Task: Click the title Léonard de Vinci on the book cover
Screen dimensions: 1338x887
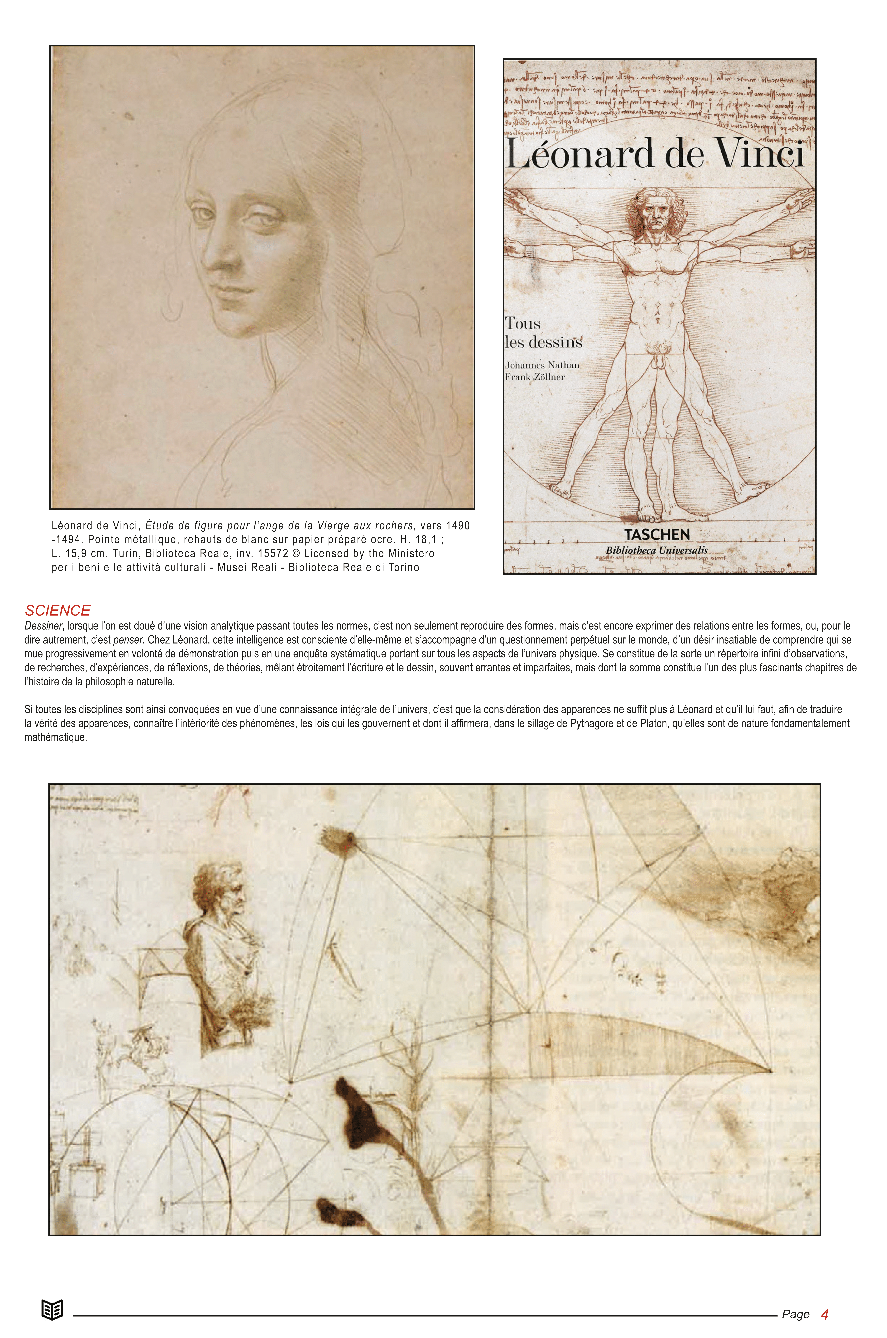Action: (x=655, y=154)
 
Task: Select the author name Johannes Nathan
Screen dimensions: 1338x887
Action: (x=542, y=365)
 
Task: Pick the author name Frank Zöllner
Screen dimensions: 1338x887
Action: (x=535, y=377)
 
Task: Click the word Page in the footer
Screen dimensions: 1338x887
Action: (x=795, y=1315)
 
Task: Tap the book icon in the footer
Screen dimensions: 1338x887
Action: (x=52, y=1310)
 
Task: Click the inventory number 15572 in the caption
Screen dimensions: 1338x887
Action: (x=273, y=554)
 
